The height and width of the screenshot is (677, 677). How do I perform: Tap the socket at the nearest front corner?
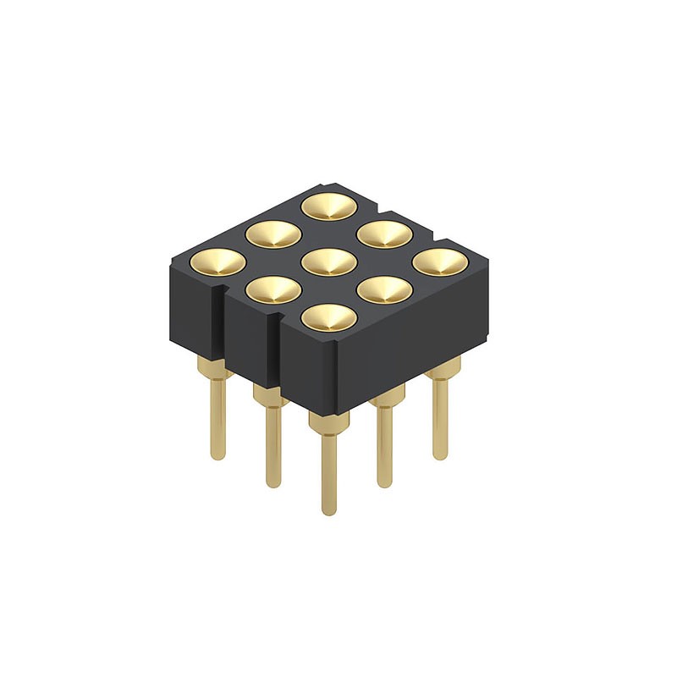(x=328, y=317)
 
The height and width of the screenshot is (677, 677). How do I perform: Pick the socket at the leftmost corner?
(x=218, y=261)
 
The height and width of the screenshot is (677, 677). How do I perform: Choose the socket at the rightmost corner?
(x=439, y=261)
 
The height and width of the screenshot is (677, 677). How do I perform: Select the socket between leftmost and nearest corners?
(x=273, y=289)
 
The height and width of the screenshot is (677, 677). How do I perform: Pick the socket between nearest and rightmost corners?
(x=384, y=289)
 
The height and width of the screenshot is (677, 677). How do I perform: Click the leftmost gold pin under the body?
(x=218, y=415)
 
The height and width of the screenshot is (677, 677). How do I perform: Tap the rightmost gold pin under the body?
(x=440, y=415)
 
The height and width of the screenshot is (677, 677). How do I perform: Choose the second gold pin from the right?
(x=385, y=444)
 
